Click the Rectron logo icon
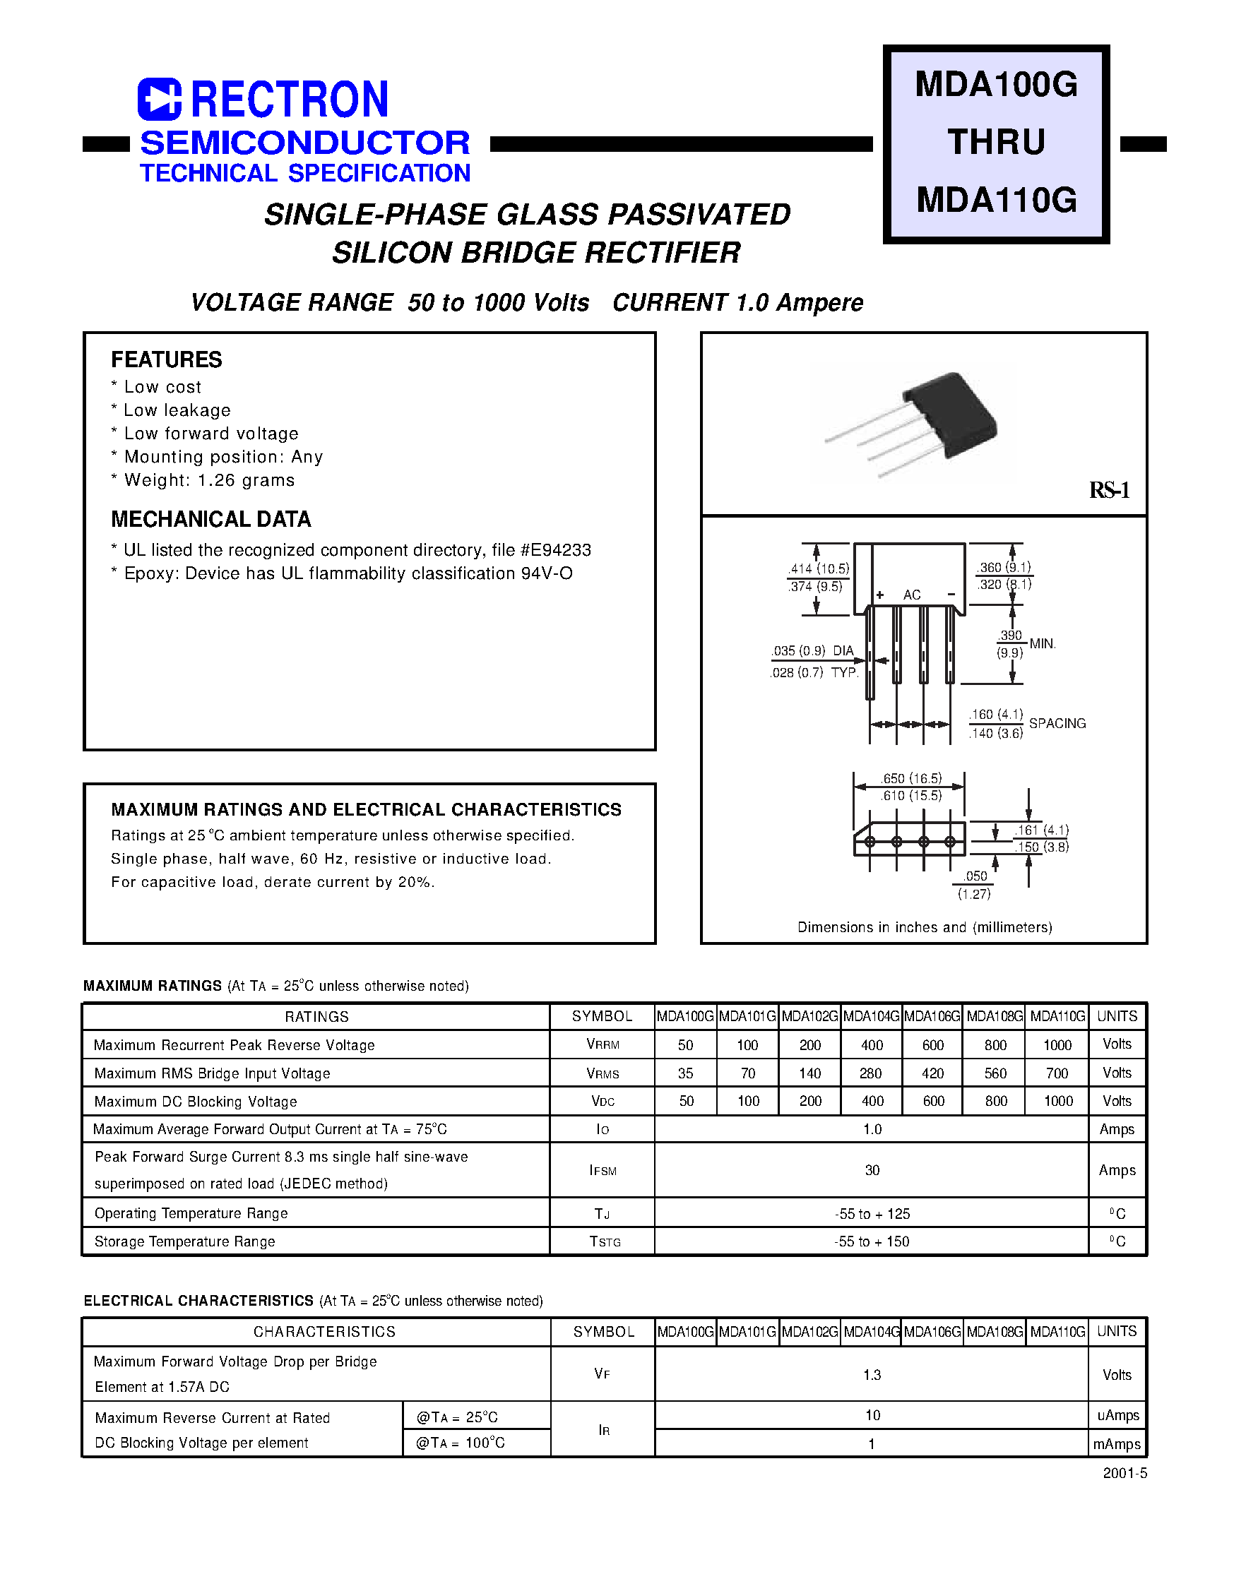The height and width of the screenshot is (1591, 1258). (159, 100)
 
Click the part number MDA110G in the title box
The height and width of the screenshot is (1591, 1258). (996, 200)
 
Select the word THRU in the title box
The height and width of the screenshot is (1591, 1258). (996, 141)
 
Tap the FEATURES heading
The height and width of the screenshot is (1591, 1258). (167, 359)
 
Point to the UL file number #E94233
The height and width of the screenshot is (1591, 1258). (555, 550)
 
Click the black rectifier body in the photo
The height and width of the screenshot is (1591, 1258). (950, 414)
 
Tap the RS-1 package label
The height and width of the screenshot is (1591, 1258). (1108, 490)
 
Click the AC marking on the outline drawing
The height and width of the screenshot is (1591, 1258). (912, 595)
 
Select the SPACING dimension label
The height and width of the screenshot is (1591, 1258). (1057, 723)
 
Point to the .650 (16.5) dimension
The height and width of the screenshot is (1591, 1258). (912, 778)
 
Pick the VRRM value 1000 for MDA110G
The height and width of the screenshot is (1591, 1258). (1057, 1044)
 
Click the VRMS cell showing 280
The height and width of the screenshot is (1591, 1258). (871, 1073)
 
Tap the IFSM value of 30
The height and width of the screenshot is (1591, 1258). (872, 1170)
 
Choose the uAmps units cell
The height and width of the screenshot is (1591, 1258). (1117, 1415)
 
